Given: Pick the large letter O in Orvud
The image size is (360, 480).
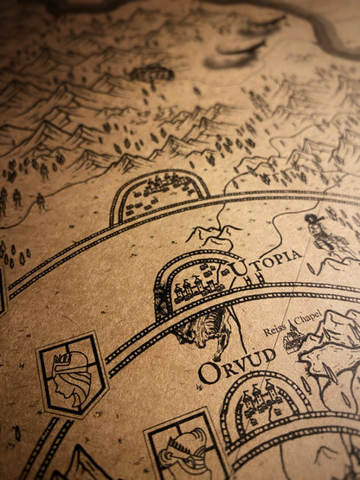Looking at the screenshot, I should click(x=209, y=372).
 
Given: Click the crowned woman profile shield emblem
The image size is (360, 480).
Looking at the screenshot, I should click(x=72, y=374).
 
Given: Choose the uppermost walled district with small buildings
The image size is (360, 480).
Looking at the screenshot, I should click(x=160, y=194).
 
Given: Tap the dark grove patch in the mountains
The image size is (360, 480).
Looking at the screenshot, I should click(x=151, y=74).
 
